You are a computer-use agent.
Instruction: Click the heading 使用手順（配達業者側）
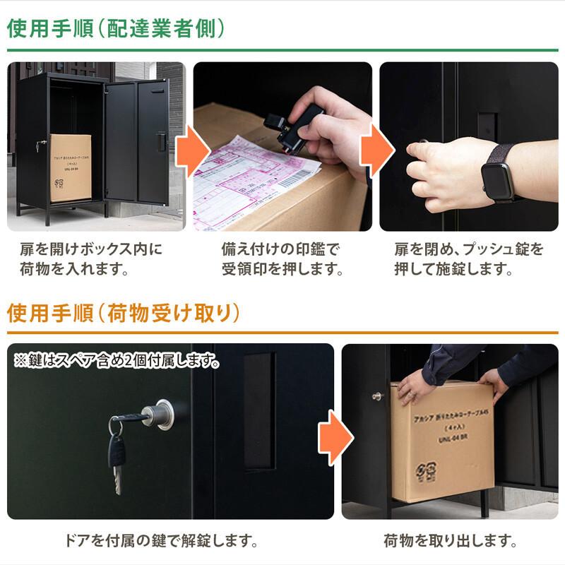click(x=116, y=28)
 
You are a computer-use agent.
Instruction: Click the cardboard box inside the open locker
click(x=71, y=168)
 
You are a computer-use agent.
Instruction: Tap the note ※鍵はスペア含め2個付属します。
click(x=117, y=362)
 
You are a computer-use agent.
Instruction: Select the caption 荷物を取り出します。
click(x=450, y=542)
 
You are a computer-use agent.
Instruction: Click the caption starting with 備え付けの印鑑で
click(x=282, y=259)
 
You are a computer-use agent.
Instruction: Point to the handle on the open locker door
click(x=161, y=141)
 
